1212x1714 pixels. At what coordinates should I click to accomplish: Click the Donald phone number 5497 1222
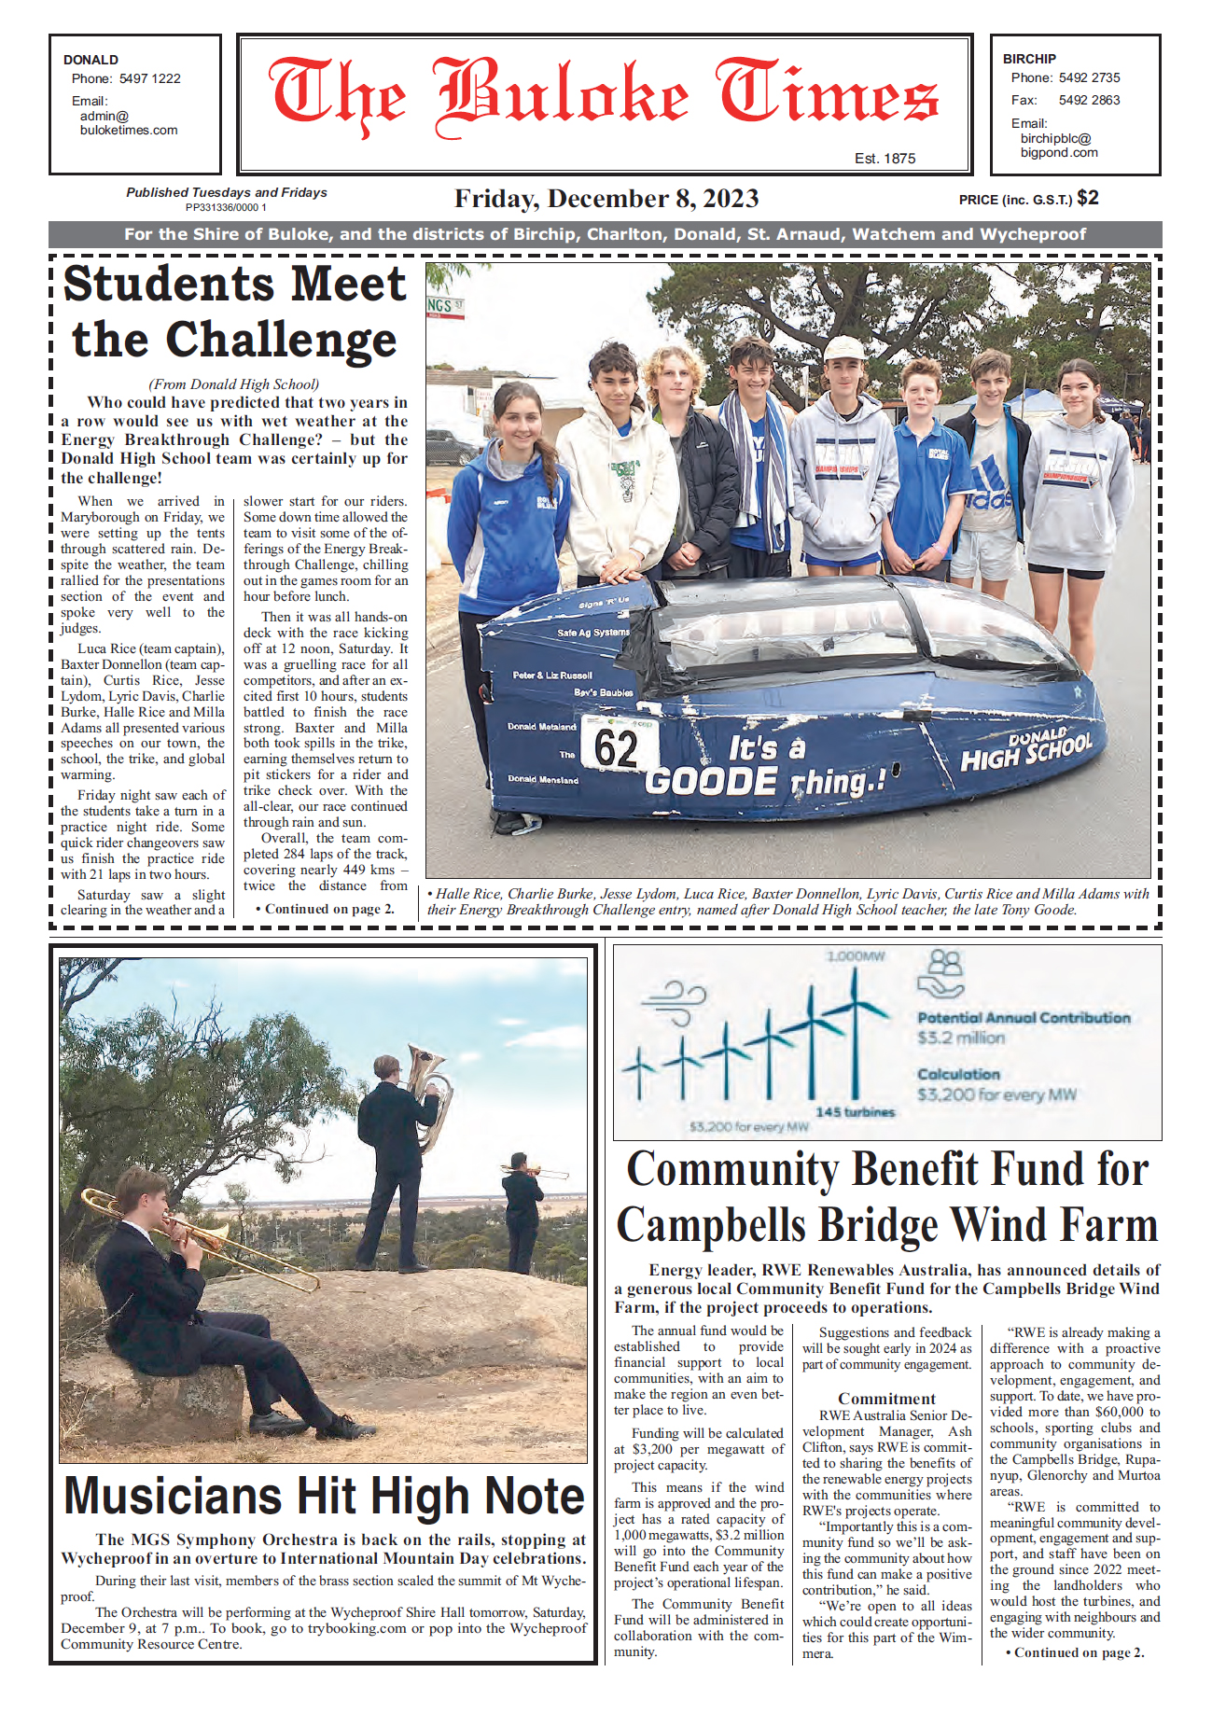(x=149, y=78)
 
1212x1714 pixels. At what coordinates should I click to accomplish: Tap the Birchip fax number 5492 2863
(x=1089, y=100)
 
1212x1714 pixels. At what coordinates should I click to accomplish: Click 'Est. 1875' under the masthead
(x=885, y=159)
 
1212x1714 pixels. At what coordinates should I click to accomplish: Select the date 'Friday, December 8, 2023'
(x=606, y=199)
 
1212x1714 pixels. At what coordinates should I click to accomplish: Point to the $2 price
(x=1088, y=198)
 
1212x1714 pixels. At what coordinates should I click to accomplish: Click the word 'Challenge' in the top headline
(x=281, y=341)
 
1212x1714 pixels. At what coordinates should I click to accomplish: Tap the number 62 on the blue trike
(x=616, y=748)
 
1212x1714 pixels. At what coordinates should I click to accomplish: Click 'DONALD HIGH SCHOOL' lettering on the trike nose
(x=1025, y=752)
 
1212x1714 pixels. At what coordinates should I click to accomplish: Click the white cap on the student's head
(x=843, y=348)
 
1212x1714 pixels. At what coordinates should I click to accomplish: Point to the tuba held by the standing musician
(x=430, y=1092)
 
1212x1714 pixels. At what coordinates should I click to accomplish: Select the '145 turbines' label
(x=855, y=1112)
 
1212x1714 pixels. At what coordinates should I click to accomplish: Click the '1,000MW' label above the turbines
(x=855, y=956)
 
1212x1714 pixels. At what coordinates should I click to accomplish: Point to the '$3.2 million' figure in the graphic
(x=961, y=1038)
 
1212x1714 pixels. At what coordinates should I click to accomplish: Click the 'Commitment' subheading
(x=886, y=1399)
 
